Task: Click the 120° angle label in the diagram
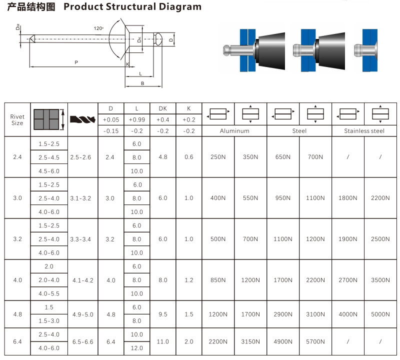[98, 27]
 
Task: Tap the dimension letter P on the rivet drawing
[76, 62]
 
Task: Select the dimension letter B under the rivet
[142, 83]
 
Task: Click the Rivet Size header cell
[17, 119]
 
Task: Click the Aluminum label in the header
[234, 131]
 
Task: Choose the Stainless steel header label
[364, 131]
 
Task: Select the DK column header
[162, 108]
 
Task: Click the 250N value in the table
[218, 157]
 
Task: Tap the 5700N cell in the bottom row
[315, 341]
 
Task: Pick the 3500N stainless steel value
[380, 280]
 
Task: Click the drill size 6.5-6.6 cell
[82, 341]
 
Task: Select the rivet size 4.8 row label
[17, 314]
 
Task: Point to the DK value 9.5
[162, 314]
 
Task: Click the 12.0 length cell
[136, 348]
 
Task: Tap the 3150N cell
[250, 341]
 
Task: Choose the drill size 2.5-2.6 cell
[82, 157]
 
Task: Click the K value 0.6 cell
[188, 157]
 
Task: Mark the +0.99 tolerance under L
[136, 120]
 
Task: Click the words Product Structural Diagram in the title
[132, 7]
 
